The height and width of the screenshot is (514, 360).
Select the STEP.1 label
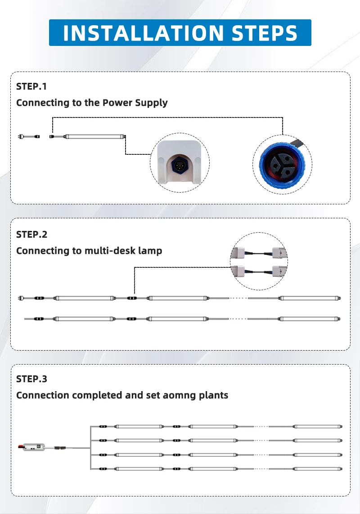point(31,86)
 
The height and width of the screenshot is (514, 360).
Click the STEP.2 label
point(31,234)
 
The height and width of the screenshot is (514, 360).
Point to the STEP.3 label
point(31,379)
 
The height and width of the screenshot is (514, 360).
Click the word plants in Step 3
point(213,395)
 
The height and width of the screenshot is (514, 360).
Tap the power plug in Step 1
point(21,136)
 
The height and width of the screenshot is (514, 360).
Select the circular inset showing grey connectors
point(259,262)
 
